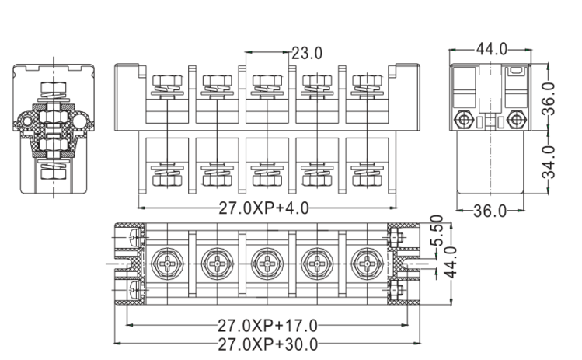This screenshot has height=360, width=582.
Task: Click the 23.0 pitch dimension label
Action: (x=307, y=53)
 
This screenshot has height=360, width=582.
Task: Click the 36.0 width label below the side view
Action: (x=490, y=211)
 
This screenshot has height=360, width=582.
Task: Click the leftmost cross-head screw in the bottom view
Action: (x=169, y=264)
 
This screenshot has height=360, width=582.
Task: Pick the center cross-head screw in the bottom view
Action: (x=267, y=264)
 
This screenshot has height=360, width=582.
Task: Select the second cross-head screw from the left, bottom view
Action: (x=218, y=264)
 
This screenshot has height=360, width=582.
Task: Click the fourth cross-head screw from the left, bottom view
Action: (x=315, y=264)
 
